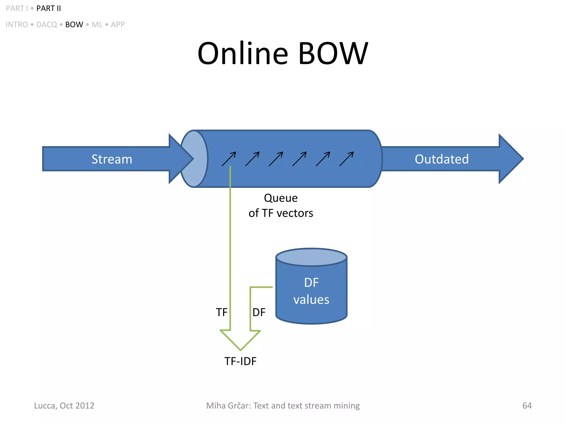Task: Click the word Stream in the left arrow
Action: click(x=112, y=159)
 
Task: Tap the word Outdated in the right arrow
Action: click(x=441, y=159)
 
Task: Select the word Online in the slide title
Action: click(x=243, y=53)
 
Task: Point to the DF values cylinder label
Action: click(x=311, y=291)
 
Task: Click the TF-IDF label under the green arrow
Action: click(x=240, y=361)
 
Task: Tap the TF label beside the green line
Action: click(x=221, y=312)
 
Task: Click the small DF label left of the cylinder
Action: click(x=259, y=312)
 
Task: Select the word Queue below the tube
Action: click(x=281, y=198)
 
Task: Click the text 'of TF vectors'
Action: click(x=281, y=213)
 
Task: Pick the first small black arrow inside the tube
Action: click(x=229, y=159)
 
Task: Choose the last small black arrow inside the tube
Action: click(x=347, y=159)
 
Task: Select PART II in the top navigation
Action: click(x=49, y=9)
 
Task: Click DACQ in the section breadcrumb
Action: click(x=46, y=25)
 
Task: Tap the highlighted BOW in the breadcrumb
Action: click(x=74, y=25)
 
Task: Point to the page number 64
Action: click(x=527, y=406)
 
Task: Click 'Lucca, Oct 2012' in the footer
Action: click(x=64, y=406)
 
